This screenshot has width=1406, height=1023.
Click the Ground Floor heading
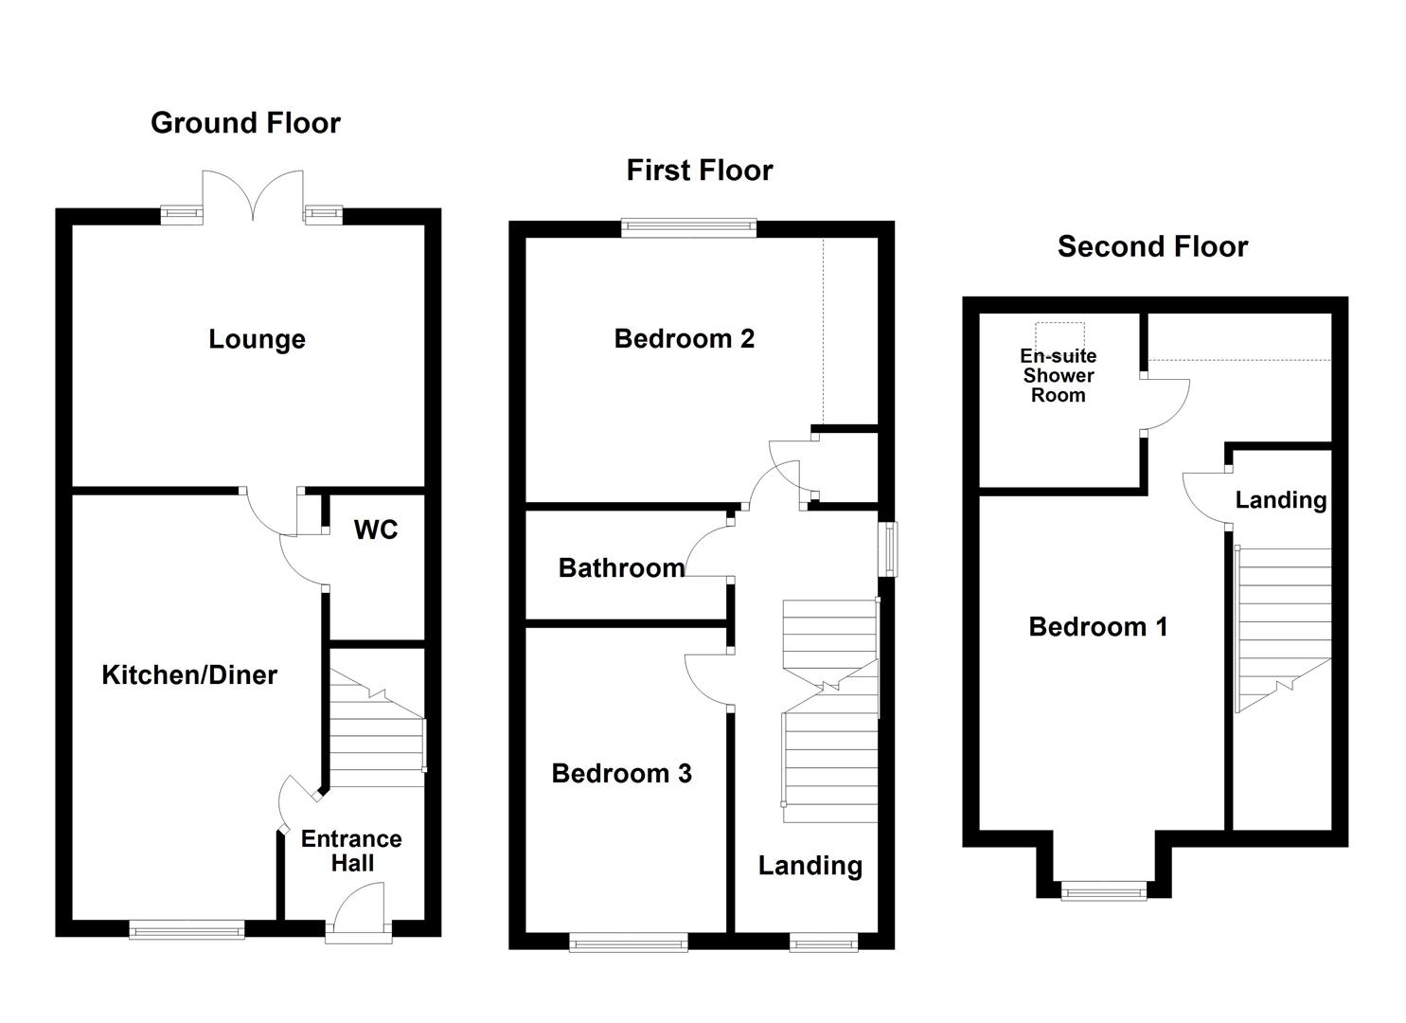coord(245,123)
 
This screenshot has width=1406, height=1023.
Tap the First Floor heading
coord(700,170)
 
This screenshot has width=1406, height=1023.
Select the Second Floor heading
coord(1152,247)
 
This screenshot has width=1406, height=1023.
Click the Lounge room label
coord(257,339)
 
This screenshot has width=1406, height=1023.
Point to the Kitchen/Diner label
coord(189,675)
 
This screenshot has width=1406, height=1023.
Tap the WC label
coord(376,530)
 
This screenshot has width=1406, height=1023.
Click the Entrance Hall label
coord(351,851)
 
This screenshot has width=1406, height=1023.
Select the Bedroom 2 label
coord(684,338)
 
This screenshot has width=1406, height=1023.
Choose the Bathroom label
coord(621,567)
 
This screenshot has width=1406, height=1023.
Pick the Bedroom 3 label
coord(621,774)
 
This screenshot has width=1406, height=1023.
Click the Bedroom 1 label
coord(1097,627)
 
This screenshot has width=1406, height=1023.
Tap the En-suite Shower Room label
coord(1058,375)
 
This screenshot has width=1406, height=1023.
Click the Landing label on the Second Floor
coord(1280,500)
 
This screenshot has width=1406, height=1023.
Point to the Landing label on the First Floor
coord(810,866)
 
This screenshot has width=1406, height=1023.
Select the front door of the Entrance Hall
coord(359,912)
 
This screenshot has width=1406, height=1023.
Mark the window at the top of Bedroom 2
coord(688,227)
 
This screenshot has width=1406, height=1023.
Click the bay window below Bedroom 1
coord(1103,890)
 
